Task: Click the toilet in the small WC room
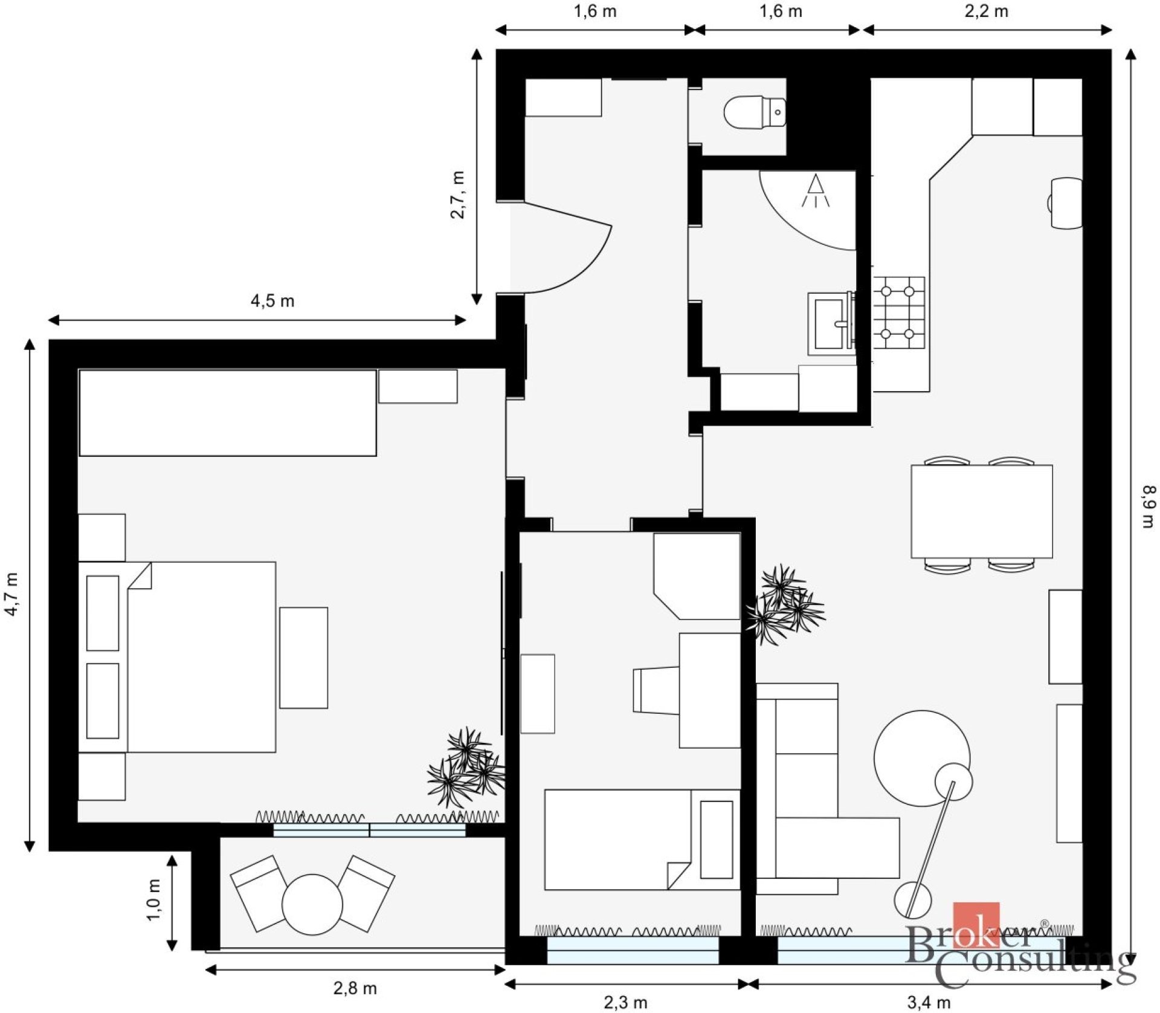[755, 112]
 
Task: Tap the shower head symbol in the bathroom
[816, 190]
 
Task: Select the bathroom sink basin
[831, 323]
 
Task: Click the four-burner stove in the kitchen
[898, 312]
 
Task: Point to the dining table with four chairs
[982, 511]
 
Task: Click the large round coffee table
[922, 758]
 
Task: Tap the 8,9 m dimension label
[1148, 506]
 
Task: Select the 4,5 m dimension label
[272, 301]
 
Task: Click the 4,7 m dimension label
[12, 595]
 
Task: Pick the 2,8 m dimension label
[355, 988]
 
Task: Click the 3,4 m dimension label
[929, 1003]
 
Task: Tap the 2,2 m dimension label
[986, 11]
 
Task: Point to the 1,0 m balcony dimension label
[155, 900]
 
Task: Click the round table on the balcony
[312, 904]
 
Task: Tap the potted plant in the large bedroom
[466, 768]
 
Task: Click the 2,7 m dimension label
[458, 195]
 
